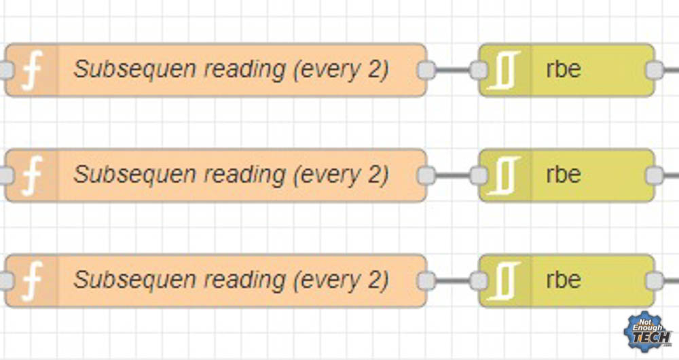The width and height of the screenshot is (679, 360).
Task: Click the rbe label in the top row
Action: coord(563,70)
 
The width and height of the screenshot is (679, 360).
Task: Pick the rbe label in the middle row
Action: coord(563,175)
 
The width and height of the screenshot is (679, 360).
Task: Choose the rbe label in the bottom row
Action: coord(563,281)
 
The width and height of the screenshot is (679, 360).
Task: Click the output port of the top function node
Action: coord(426,70)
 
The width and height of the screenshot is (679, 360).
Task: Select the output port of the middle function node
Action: coord(426,175)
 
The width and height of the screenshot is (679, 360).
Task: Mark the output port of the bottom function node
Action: coord(426,281)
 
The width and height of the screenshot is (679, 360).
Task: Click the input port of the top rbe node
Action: coord(479,70)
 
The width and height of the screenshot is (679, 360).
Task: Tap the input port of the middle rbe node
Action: coord(479,175)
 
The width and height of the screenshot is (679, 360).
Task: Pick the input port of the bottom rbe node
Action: coord(479,281)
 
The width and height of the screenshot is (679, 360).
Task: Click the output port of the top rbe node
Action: coord(654,70)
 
